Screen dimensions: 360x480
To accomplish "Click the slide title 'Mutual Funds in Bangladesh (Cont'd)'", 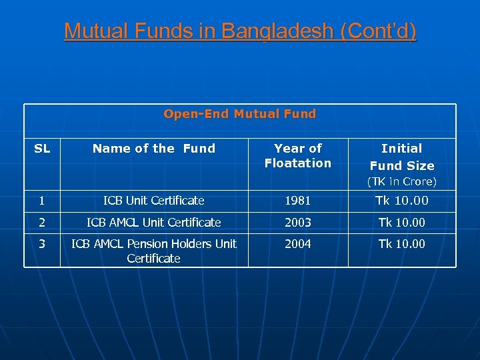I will [240, 31].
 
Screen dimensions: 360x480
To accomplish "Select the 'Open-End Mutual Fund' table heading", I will [240, 114].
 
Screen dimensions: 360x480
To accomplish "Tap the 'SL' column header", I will [42, 149].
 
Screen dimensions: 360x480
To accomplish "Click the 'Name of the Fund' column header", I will [154, 149].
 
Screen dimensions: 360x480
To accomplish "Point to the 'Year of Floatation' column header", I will [298, 155].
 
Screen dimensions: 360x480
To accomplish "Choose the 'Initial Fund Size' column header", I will [402, 157].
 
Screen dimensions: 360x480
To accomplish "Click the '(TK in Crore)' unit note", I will [402, 181].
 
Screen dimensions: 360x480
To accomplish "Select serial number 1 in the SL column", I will [42, 201].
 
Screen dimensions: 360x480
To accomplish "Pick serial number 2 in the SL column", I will [42, 222].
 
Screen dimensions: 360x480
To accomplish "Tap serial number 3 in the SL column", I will [42, 243].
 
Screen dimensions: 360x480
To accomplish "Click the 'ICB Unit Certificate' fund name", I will [154, 201].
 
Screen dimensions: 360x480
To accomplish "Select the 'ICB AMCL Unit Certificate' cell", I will [154, 222].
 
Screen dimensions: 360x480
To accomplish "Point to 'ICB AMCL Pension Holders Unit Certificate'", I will [154, 251].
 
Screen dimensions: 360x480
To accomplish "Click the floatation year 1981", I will [298, 201].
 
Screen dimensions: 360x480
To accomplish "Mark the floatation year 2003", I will [298, 222].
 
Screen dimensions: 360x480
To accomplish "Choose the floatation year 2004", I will [298, 243].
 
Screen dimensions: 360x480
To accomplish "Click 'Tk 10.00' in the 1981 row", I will [402, 201].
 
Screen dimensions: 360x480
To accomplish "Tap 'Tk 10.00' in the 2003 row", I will [402, 222].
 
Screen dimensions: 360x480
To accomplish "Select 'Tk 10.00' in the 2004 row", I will [402, 243].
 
